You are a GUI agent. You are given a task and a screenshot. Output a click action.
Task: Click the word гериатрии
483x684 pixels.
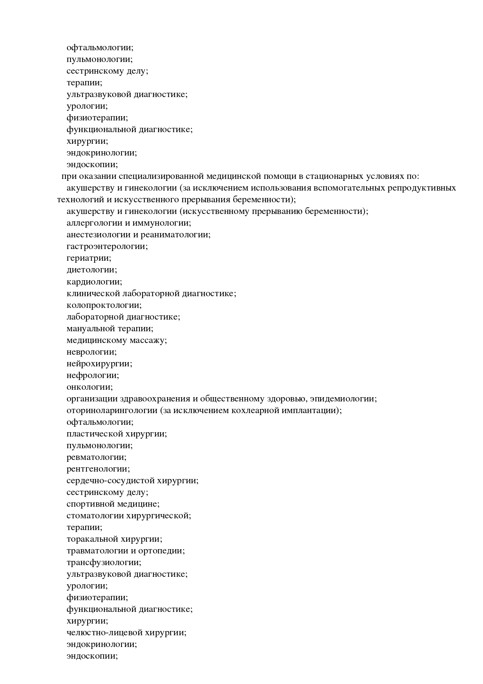pyautogui.click(x=88, y=258)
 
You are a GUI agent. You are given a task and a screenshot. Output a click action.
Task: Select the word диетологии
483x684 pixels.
pyautogui.click(x=91, y=270)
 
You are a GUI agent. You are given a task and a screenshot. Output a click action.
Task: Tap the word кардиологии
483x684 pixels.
pyautogui.click(x=94, y=282)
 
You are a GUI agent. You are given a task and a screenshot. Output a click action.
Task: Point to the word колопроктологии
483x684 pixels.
pyautogui.click(x=104, y=305)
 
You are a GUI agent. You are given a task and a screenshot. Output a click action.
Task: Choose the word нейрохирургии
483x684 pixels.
pyautogui.click(x=99, y=364)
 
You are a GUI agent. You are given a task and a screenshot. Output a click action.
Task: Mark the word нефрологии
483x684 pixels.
pyautogui.click(x=92, y=375)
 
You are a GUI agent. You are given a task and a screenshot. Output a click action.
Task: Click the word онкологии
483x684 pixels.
pyautogui.click(x=89, y=387)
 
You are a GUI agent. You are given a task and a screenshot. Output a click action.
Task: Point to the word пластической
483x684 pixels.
pyautogui.click(x=95, y=434)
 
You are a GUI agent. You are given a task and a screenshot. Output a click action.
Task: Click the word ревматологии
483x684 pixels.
pyautogui.click(x=96, y=457)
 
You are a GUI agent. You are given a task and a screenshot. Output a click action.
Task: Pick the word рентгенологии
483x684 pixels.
pyautogui.click(x=98, y=469)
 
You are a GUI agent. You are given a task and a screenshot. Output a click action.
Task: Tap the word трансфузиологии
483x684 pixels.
pyautogui.click(x=104, y=562)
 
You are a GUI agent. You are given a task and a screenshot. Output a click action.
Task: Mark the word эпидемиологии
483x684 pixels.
pyautogui.click(x=343, y=399)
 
